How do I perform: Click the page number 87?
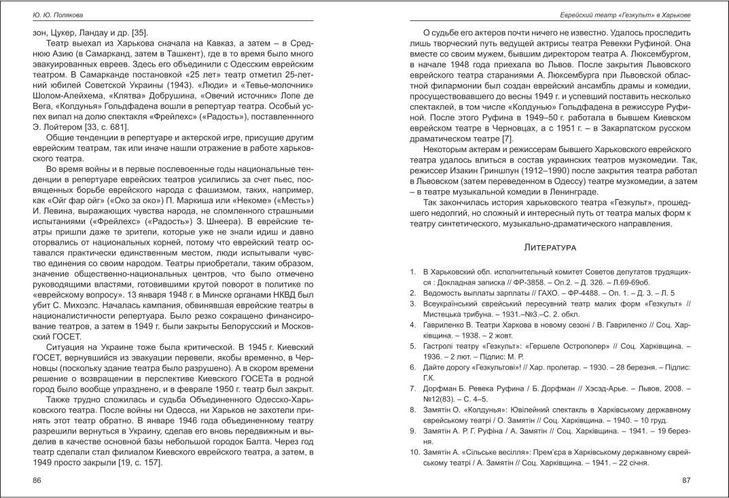coord(686,480)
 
